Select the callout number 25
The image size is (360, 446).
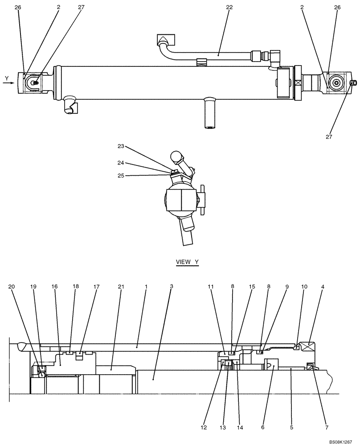(121, 175)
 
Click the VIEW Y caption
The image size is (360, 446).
(187, 262)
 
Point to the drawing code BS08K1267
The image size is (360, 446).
(344, 441)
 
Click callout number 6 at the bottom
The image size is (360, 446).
(262, 427)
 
